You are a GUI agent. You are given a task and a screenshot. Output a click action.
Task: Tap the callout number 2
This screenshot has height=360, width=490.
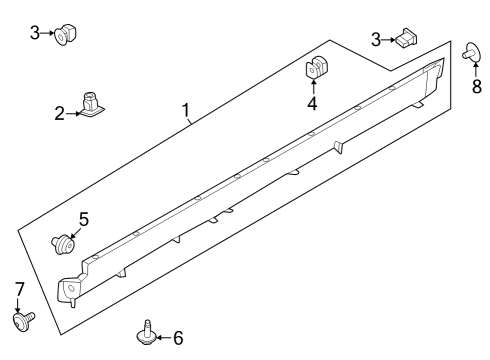[x=60, y=113]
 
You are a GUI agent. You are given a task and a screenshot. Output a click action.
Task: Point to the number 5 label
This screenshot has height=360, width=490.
[x=84, y=218]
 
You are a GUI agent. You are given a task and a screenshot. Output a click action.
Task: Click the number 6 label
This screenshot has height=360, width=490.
[x=178, y=338]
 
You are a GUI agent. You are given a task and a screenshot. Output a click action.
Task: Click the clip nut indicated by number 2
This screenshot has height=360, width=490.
[x=91, y=105]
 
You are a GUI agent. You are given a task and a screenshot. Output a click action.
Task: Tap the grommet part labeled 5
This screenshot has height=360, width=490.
[x=65, y=242]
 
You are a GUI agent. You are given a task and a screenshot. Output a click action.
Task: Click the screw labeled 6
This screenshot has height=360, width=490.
[x=148, y=331]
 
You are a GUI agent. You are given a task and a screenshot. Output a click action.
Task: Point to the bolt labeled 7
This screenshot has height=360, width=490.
[x=21, y=320]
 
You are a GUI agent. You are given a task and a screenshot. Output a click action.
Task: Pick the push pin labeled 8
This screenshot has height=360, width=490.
[x=473, y=53]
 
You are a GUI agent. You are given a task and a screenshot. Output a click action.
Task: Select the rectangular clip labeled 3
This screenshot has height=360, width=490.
[x=407, y=39]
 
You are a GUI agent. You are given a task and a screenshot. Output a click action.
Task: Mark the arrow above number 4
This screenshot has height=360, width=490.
[x=313, y=87]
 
